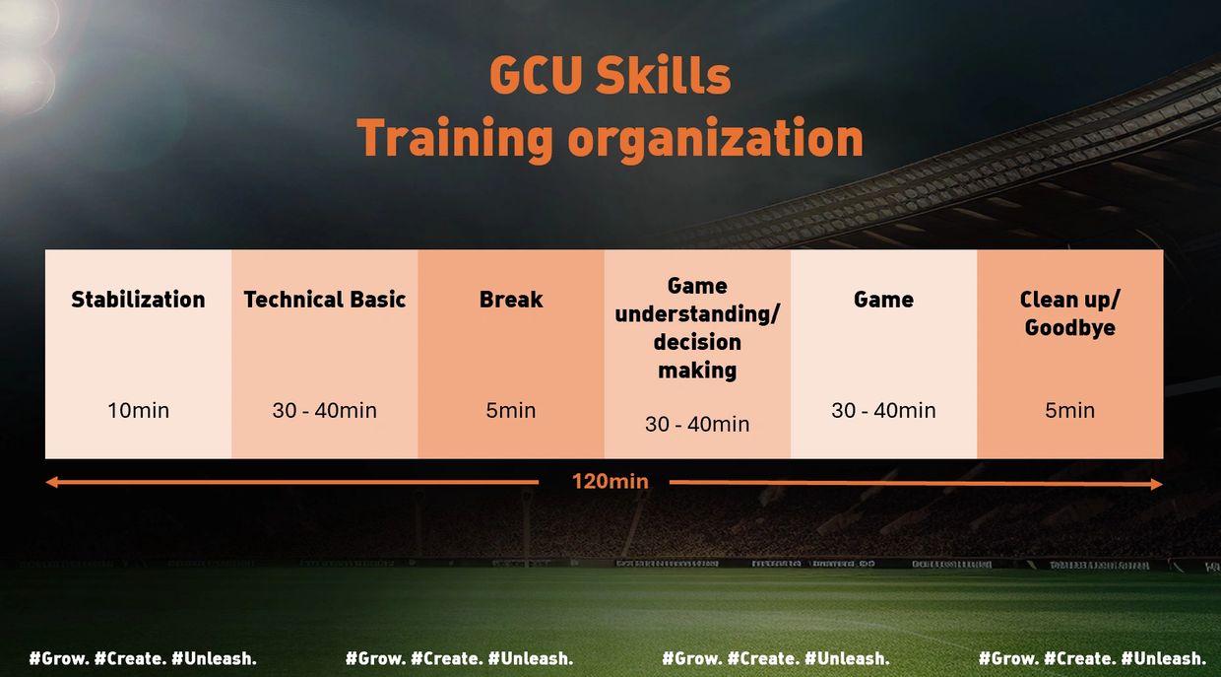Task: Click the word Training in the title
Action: click(x=455, y=139)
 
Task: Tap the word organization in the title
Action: click(x=716, y=139)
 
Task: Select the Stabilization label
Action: click(x=138, y=300)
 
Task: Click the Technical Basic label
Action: click(x=325, y=300)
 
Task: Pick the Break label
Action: click(x=511, y=300)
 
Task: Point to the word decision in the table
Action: click(x=697, y=342)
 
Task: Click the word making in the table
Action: click(x=697, y=371)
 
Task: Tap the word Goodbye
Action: click(x=1069, y=328)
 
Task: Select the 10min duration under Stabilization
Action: click(x=138, y=410)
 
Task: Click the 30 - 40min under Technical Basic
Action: click(x=325, y=410)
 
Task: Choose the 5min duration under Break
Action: click(x=511, y=410)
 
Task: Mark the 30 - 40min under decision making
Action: click(x=697, y=424)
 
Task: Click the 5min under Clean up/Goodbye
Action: click(x=1069, y=410)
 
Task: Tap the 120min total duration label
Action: click(x=610, y=481)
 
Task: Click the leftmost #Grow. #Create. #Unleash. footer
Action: click(x=143, y=658)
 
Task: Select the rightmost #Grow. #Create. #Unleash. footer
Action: click(x=1092, y=658)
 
